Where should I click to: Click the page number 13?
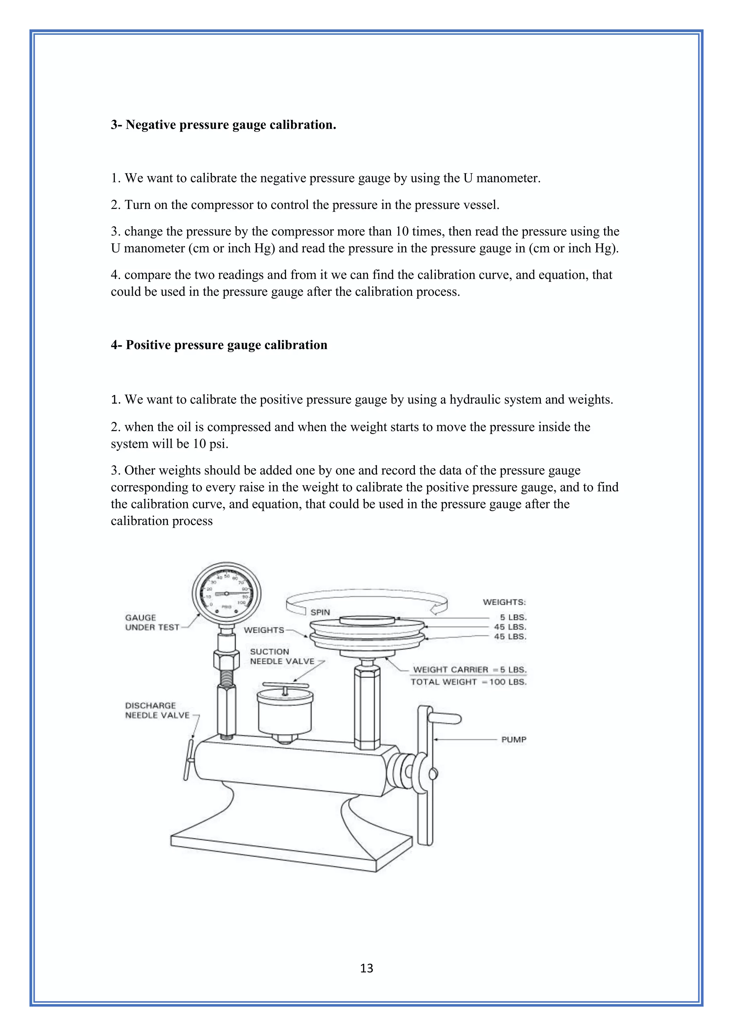coord(366,968)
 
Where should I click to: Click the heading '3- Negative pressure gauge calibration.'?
coord(223,125)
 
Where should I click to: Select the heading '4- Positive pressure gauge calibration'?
coord(219,345)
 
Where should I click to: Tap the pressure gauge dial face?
coord(227,593)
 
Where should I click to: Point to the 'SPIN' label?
coord(320,612)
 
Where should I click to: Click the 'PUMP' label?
coord(514,739)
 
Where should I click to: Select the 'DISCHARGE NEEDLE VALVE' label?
coord(157,710)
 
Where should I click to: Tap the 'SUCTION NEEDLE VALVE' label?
coord(282,656)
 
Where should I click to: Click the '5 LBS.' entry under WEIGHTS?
coord(513,617)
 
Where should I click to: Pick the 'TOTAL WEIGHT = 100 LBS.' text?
coord(468,682)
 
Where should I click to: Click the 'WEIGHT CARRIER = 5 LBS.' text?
coord(470,670)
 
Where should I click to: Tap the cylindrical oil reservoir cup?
coord(285,713)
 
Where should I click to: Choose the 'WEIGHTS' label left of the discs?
coord(264,630)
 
